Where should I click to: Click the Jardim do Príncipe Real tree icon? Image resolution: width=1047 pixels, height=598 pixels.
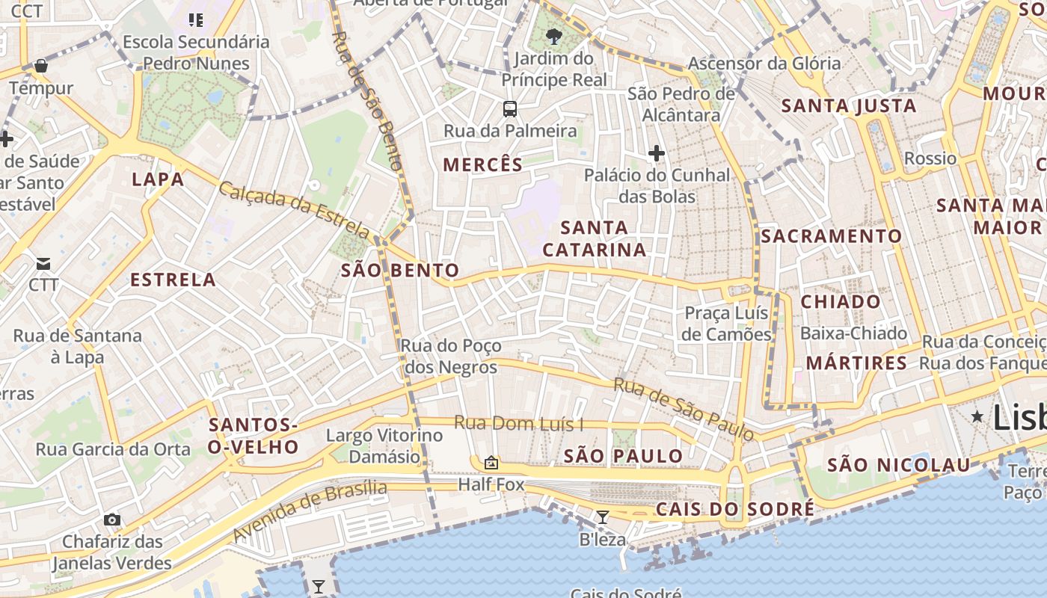click(x=553, y=36)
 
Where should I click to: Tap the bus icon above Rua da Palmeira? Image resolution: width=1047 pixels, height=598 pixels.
click(x=510, y=109)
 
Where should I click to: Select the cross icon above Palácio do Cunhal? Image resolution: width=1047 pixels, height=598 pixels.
click(x=657, y=153)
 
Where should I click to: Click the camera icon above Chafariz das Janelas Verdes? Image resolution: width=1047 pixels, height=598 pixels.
click(x=112, y=520)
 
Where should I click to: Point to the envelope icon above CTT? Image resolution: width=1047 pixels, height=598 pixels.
click(x=43, y=263)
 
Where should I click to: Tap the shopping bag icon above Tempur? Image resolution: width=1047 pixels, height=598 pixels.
click(x=41, y=66)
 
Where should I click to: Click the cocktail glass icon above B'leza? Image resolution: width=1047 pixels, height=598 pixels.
click(x=602, y=517)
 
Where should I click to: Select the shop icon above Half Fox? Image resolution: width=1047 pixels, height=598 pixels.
click(x=491, y=463)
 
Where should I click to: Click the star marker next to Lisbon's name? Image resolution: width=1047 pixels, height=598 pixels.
click(x=977, y=416)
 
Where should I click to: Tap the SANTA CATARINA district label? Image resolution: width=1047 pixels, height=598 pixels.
click(x=595, y=238)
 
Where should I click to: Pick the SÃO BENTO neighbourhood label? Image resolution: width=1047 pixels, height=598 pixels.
click(x=400, y=271)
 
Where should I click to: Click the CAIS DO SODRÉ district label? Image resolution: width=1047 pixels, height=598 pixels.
click(x=735, y=510)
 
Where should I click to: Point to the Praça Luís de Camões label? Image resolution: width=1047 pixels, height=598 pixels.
click(x=726, y=323)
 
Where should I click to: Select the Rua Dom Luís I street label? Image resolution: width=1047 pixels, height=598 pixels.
click(x=519, y=424)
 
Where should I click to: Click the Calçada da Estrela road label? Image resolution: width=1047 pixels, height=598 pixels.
click(x=293, y=210)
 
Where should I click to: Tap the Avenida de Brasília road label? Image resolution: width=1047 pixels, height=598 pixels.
click(x=310, y=512)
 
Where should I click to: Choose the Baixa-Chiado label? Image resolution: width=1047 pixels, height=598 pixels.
click(x=853, y=333)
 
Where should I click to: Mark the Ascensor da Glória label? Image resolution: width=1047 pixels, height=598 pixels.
click(x=764, y=64)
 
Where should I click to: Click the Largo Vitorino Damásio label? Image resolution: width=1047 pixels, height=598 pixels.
click(x=384, y=446)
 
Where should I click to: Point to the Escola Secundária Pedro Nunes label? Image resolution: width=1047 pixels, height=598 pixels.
click(x=196, y=52)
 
